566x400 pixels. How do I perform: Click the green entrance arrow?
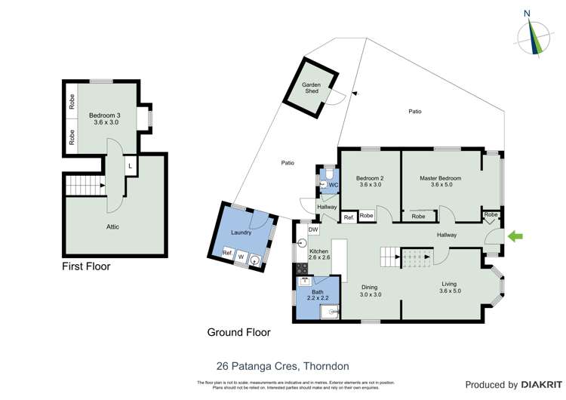pyautogui.click(x=515, y=237)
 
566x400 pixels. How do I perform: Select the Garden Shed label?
pyautogui.click(x=312, y=88)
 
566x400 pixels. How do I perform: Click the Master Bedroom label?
pyautogui.click(x=440, y=178)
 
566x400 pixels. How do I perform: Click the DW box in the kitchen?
pyautogui.click(x=313, y=229)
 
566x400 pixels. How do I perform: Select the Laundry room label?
pyautogui.click(x=241, y=232)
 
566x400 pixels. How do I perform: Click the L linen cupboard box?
pyautogui.click(x=131, y=165)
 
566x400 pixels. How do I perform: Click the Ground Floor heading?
pyautogui.click(x=238, y=332)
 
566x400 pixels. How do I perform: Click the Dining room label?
pyautogui.click(x=369, y=287)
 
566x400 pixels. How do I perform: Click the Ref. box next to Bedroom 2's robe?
pyautogui.click(x=349, y=217)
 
